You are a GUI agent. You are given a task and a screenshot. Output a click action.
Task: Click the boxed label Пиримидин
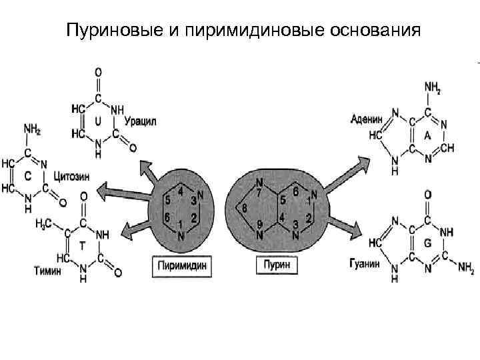click(182, 265)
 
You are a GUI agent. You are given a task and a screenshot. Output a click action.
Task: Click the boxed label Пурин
click(276, 265)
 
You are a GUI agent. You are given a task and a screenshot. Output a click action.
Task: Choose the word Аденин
click(367, 119)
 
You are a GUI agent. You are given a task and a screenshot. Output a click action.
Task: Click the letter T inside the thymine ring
click(81, 245)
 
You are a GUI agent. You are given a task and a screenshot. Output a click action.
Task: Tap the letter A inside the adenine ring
click(427, 135)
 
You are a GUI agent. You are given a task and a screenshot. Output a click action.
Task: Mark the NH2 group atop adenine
click(433, 87)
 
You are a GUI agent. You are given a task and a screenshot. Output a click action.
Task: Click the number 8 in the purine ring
click(244, 209)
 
